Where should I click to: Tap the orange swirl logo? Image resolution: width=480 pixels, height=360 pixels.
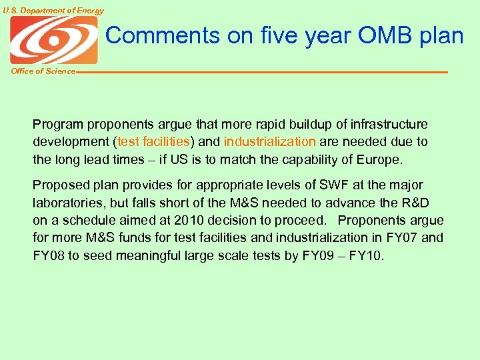click(x=53, y=40)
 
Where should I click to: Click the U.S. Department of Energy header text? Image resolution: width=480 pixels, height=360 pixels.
click(x=53, y=11)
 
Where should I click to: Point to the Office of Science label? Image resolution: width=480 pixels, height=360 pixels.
click(x=43, y=71)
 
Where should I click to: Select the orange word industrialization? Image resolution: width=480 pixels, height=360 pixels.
click(x=270, y=142)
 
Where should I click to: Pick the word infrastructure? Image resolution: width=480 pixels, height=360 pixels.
click(x=388, y=125)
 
